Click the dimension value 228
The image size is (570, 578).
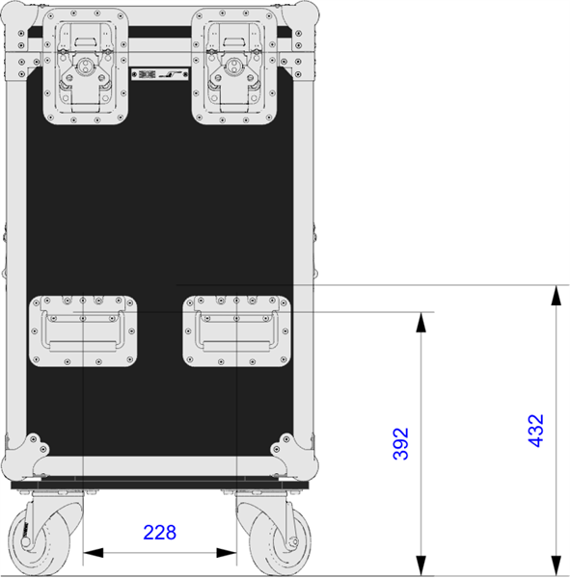159,533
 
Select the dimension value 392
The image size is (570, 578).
401,443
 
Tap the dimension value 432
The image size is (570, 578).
536,431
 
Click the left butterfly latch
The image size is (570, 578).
86,66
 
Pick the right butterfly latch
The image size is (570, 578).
234,66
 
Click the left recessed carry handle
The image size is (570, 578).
83,330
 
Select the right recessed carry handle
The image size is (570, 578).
237,330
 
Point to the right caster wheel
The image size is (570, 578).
274,534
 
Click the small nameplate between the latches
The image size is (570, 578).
160,74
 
